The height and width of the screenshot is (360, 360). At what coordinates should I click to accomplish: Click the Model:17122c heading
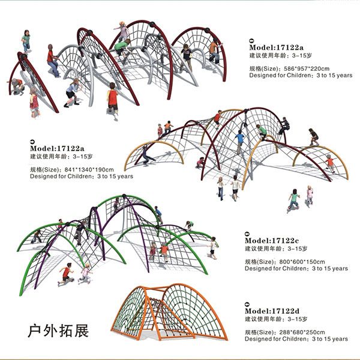pos(272,241)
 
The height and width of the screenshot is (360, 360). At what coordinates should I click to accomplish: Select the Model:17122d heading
pos(272,311)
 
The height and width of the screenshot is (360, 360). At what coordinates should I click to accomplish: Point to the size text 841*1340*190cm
pos(89,170)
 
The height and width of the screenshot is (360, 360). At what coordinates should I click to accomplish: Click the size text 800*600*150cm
pos(302,262)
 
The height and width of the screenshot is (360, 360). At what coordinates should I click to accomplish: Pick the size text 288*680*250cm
pos(302,332)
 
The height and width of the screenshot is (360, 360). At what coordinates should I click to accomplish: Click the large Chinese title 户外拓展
pos(58,331)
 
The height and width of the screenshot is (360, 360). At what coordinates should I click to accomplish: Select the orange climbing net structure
pos(169,312)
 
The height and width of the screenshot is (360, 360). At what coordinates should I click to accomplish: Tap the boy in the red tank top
pos(113,100)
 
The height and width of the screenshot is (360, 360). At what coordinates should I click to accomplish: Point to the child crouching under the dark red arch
pos(17,86)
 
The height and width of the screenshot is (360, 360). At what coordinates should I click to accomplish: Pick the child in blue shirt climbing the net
pos(239,142)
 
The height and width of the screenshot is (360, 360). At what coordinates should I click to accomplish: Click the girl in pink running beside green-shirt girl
pos(310,196)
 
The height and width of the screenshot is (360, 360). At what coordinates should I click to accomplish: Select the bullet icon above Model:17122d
pos(247,304)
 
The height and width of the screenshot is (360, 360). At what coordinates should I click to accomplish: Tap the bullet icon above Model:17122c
pos(247,234)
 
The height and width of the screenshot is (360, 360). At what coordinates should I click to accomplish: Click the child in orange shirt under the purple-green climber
pos(164,252)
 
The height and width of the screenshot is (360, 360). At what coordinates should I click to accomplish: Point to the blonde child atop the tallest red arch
pos(122,31)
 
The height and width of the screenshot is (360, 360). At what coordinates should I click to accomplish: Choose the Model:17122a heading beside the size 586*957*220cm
pos(276,47)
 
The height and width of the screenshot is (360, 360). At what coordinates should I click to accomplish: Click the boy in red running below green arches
pos(66,274)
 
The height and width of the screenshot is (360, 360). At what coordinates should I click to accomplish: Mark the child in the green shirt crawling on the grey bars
pos(122,49)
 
